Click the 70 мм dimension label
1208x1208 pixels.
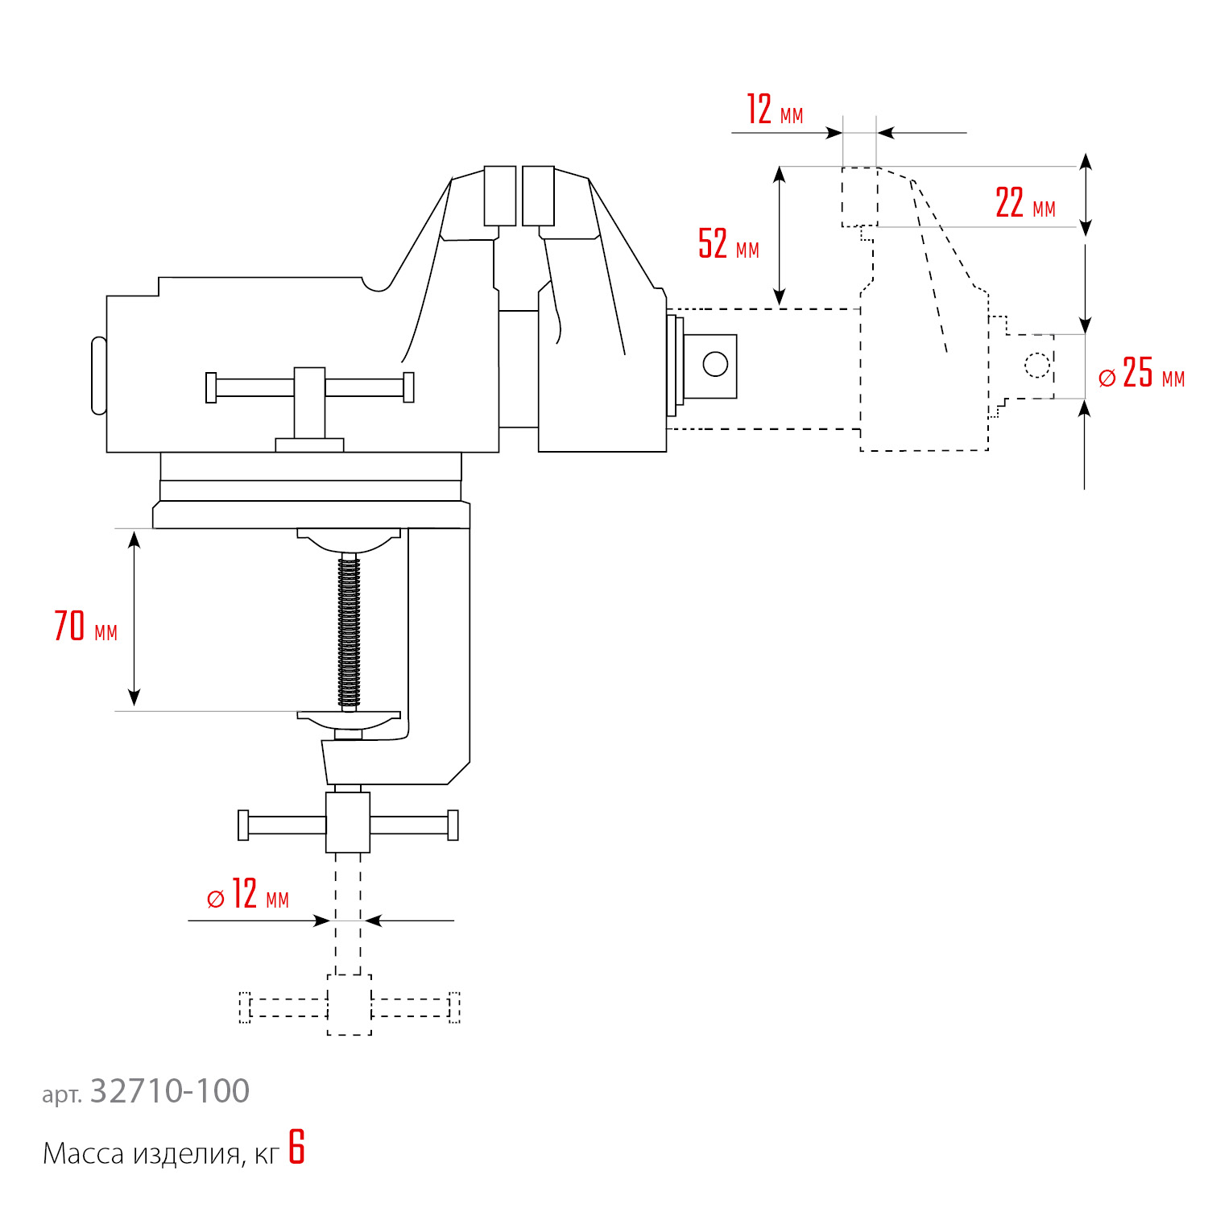coord(85,627)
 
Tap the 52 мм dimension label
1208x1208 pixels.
coord(729,243)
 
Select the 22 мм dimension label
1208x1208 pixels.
coord(1025,202)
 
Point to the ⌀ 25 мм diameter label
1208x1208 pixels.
coord(1141,373)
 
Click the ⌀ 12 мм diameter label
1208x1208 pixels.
coord(247,894)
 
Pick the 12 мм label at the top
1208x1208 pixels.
coord(775,110)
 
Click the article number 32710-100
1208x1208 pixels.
coord(170,1091)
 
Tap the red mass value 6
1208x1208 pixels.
coord(297,1148)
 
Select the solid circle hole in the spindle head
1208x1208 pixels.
coord(715,364)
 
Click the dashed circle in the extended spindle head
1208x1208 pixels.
coord(1037,365)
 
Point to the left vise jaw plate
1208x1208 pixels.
coord(500,196)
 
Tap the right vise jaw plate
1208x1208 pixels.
coord(538,196)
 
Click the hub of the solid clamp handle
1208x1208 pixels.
coord(348,822)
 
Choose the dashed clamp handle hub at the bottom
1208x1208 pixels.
coord(350,1005)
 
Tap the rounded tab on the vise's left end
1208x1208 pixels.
coord(99,375)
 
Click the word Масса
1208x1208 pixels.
coord(83,1154)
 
